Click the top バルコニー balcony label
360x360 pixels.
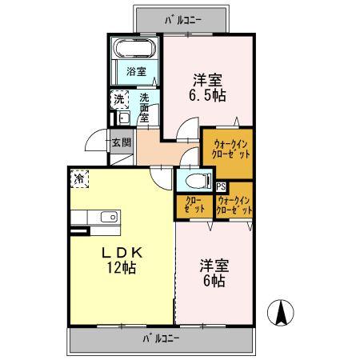click(x=184, y=17)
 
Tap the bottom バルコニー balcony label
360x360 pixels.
click(x=162, y=338)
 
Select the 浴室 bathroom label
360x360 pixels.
click(x=136, y=71)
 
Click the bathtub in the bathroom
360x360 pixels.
click(x=135, y=47)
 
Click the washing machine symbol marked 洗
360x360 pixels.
click(x=119, y=100)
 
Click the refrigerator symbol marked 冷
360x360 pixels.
click(x=79, y=179)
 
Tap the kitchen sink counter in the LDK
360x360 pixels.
click(x=95, y=218)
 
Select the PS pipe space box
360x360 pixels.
click(x=221, y=188)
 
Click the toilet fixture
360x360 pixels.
click(x=196, y=180)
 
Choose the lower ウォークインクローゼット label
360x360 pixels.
click(x=235, y=204)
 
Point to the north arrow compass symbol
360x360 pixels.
click(x=282, y=312)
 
